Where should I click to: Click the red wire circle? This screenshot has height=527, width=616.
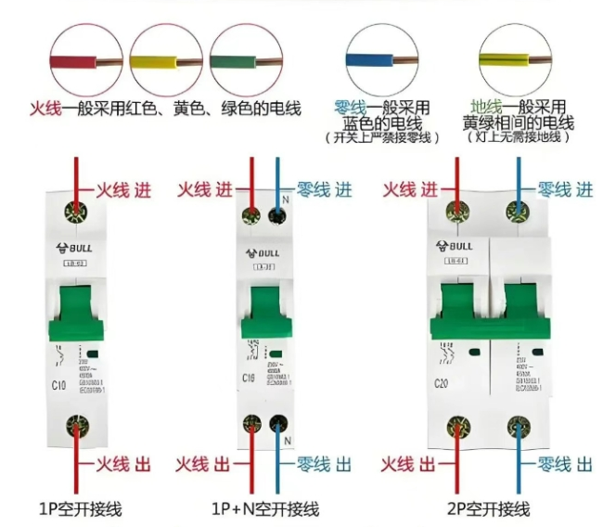click(87, 58)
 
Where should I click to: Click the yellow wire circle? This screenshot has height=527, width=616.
click(165, 58)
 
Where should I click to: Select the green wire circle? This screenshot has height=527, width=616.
click(244, 58)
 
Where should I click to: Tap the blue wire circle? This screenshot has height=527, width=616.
click(381, 58)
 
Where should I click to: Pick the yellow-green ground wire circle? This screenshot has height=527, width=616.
click(507, 58)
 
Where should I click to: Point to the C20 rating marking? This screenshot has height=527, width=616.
click(441, 384)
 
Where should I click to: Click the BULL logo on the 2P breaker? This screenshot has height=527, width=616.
click(455, 246)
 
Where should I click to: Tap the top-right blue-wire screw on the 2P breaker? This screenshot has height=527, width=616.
click(518, 211)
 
